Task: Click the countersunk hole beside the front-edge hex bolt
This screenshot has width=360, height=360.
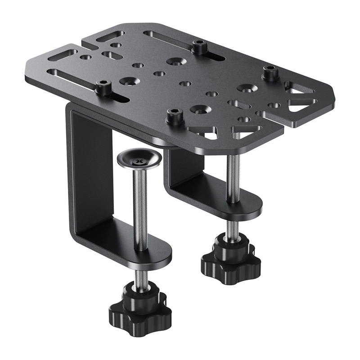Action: click(x=198, y=109)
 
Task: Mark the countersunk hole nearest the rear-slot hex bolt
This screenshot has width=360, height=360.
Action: click(x=175, y=61)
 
